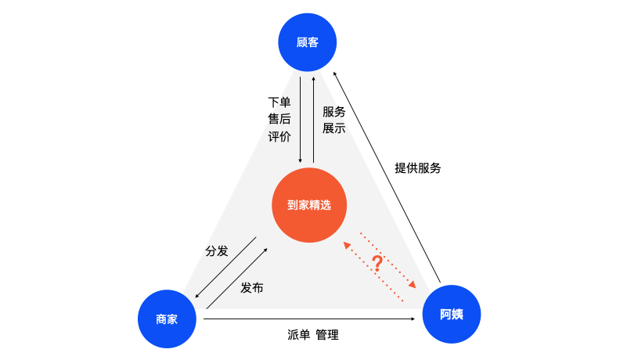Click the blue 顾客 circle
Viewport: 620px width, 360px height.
[x=308, y=42]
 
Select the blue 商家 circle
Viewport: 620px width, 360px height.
[x=166, y=319]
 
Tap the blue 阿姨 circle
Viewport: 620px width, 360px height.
[x=452, y=315]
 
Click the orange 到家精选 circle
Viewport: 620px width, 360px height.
[x=309, y=205]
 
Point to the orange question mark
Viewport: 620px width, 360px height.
[x=377, y=265]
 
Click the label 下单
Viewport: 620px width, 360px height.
[x=279, y=102]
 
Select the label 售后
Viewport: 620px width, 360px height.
[x=279, y=119]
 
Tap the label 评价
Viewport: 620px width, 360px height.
[x=279, y=136]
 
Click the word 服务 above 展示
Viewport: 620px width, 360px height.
[x=334, y=111]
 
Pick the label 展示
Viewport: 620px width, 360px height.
[x=334, y=128]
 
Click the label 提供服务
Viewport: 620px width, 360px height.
[x=418, y=167]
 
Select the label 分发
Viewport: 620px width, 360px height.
[x=217, y=250]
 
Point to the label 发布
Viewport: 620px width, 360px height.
[x=251, y=287]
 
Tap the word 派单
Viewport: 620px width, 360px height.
[x=299, y=335]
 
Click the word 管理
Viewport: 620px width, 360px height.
[x=327, y=335]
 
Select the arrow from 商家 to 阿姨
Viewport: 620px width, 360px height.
[x=309, y=319]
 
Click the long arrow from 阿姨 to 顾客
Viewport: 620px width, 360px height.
[x=387, y=175]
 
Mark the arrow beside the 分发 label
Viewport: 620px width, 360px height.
[x=225, y=267]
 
